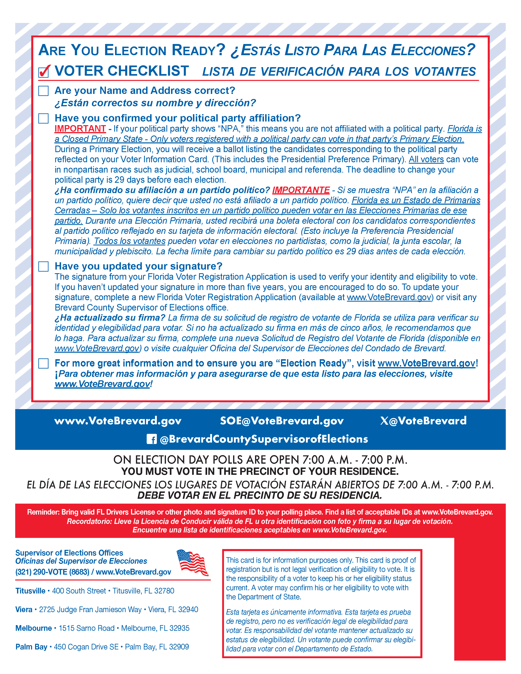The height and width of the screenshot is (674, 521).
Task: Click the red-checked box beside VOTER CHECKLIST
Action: point(44,72)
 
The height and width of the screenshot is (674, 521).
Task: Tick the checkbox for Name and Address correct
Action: point(44,91)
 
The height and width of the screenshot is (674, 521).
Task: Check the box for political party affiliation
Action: point(44,118)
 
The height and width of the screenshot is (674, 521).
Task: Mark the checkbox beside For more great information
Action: point(44,363)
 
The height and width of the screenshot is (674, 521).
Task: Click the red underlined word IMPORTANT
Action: point(80,129)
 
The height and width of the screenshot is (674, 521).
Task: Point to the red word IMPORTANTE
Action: point(301,190)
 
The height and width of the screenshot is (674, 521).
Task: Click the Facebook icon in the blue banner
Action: point(152,439)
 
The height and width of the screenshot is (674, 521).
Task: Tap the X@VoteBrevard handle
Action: point(423,421)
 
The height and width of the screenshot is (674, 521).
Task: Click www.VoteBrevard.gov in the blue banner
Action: point(118,421)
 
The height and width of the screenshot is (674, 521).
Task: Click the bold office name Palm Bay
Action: point(31,647)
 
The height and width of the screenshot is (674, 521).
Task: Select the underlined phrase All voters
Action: point(426,160)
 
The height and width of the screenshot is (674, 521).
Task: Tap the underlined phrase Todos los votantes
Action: point(130,241)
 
